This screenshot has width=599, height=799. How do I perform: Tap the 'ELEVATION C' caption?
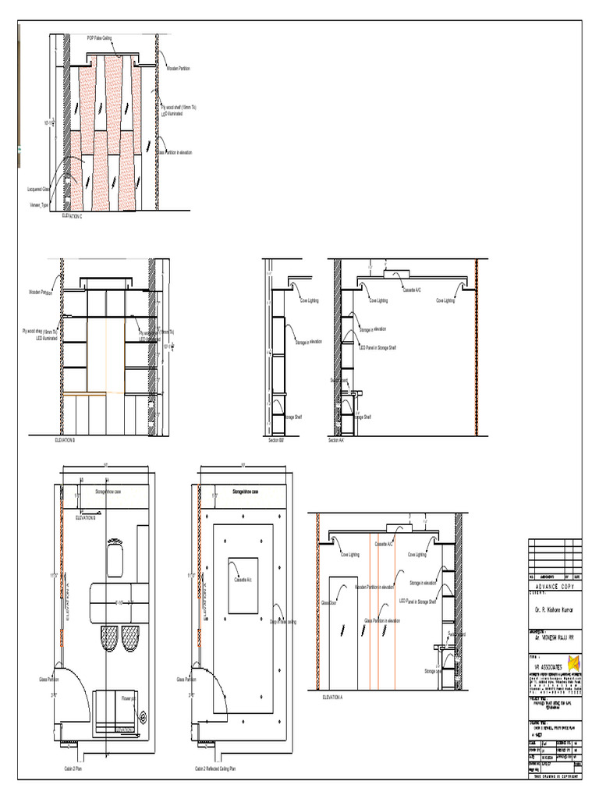pyautogui.click(x=72, y=215)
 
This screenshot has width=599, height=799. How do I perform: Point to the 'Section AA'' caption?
pyautogui.click(x=336, y=441)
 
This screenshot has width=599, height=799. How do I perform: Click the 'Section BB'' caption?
pyautogui.click(x=275, y=441)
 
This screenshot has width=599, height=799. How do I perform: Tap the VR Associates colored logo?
pyautogui.click(x=574, y=663)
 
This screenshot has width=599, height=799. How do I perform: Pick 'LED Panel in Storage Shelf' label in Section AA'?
pyautogui.click(x=377, y=347)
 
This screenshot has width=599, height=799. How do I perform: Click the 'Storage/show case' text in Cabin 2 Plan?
pyautogui.click(x=112, y=492)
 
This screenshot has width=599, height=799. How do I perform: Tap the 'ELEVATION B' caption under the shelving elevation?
pyautogui.click(x=65, y=441)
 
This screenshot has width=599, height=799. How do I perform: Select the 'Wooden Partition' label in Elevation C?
pyautogui.click(x=179, y=69)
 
